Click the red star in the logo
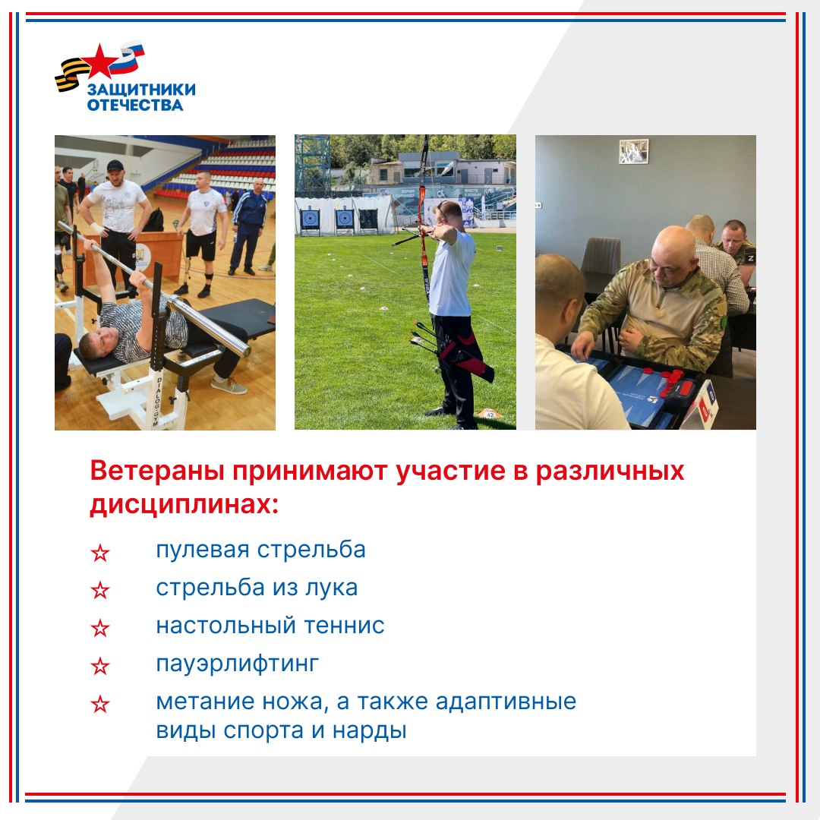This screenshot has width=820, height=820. (99, 60)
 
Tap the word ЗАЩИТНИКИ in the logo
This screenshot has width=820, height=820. (141, 90)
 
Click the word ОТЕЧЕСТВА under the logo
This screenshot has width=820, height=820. (135, 105)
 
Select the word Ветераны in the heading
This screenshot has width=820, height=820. (157, 471)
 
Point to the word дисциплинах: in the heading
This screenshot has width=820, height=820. (184, 505)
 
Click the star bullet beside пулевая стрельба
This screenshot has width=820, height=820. (100, 553)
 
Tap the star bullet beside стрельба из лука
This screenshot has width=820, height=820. (100, 591)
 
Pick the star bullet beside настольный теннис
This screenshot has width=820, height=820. (100, 628)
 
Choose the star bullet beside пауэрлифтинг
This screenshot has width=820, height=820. (100, 667)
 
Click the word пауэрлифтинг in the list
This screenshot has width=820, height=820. (238, 664)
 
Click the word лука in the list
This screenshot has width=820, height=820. (332, 588)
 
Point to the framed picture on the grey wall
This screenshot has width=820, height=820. (634, 151)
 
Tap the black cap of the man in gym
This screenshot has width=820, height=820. (115, 166)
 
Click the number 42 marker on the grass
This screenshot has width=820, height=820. (490, 415)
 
